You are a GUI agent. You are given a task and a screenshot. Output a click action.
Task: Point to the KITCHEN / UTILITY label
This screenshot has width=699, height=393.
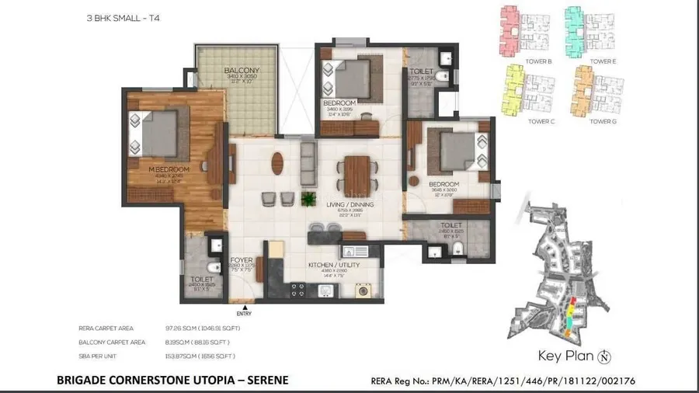tap(332, 265)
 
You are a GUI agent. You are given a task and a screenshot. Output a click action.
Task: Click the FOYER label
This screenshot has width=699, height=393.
tap(242, 261)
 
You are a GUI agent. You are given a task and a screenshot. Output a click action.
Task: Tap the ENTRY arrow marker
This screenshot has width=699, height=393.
tap(244, 308)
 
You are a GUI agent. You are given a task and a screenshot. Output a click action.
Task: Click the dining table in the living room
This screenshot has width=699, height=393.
tap(357, 172)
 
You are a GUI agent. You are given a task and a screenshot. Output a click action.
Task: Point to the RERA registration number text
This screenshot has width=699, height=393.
tap(530, 381)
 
